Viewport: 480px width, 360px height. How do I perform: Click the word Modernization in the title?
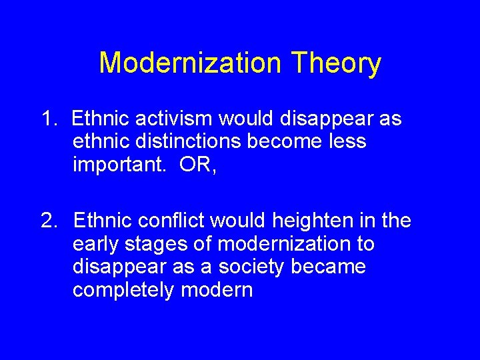pyautogui.click(x=189, y=63)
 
